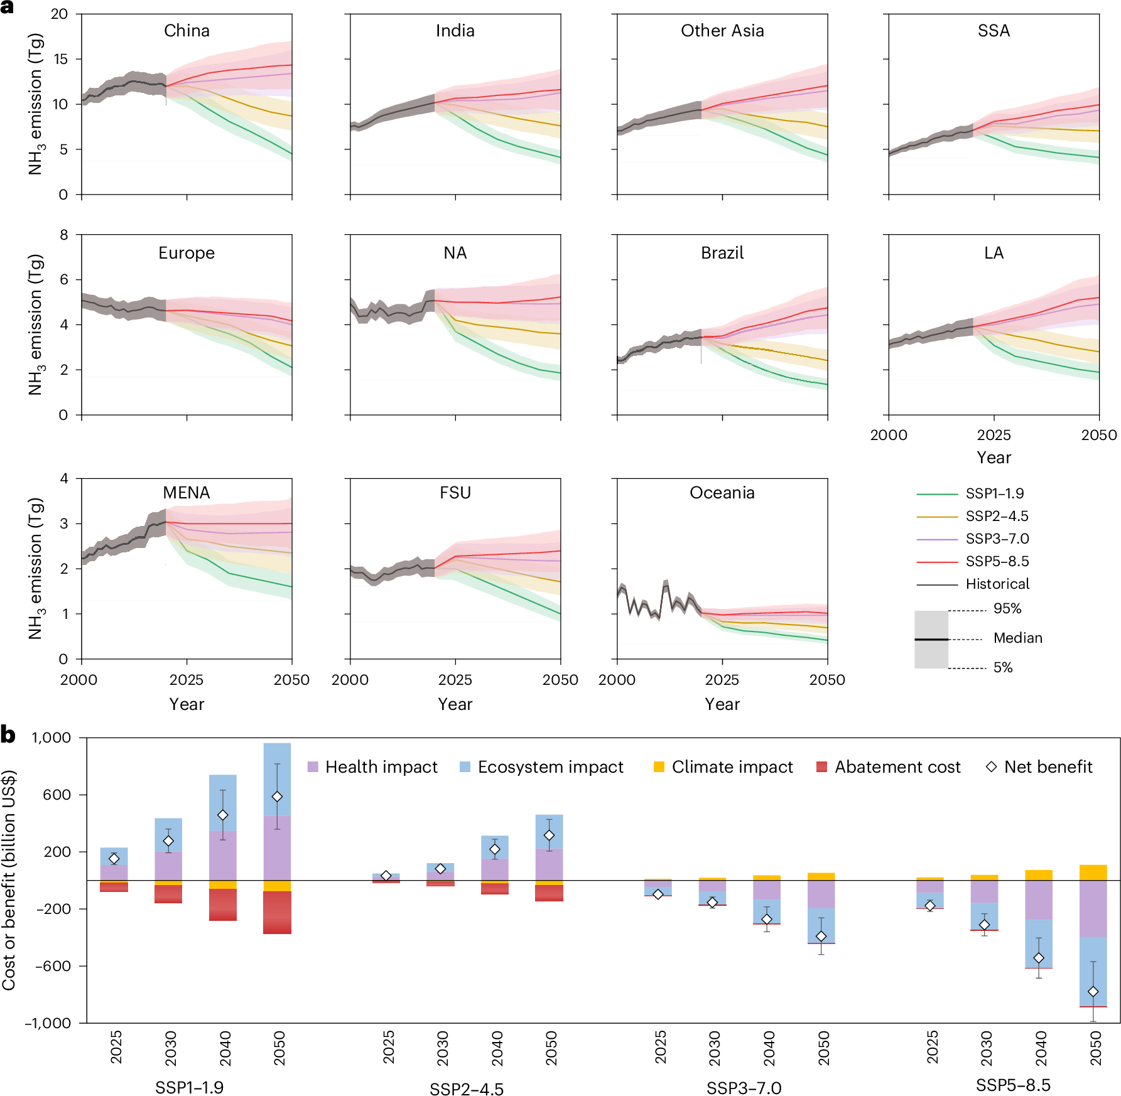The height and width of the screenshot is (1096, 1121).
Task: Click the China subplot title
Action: click(x=187, y=31)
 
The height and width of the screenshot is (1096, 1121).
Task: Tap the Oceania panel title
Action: click(x=722, y=493)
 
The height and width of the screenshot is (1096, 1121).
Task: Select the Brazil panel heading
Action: click(x=722, y=253)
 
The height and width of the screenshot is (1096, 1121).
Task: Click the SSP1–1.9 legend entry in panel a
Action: click(x=994, y=493)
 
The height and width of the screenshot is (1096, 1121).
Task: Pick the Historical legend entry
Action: click(x=997, y=584)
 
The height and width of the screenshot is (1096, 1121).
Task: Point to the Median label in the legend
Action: click(x=1017, y=638)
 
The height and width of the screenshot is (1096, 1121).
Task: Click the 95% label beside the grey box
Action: click(x=1007, y=608)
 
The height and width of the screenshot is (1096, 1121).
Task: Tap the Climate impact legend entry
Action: click(x=732, y=767)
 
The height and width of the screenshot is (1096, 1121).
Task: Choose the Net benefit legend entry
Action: click(x=1048, y=767)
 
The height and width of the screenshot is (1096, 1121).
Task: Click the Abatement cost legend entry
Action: click(x=897, y=767)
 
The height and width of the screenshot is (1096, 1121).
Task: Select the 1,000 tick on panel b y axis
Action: click(x=51, y=738)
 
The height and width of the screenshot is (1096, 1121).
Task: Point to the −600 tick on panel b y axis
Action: click(x=53, y=966)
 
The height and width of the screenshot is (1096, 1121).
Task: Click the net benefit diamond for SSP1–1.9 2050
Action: click(x=277, y=797)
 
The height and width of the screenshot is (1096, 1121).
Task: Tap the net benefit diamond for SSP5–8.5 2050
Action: click(x=1093, y=992)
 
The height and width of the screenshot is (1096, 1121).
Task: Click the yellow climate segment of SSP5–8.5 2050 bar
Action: click(x=1093, y=873)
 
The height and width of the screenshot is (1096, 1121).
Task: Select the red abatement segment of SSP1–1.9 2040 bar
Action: click(x=223, y=905)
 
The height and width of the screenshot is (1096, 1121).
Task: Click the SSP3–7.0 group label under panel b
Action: click(x=744, y=1088)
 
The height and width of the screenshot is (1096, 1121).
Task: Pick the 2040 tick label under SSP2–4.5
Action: click(x=497, y=1048)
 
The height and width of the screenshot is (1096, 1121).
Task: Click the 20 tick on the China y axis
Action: click(x=60, y=14)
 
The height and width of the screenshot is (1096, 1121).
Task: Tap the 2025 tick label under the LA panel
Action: click(x=994, y=435)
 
